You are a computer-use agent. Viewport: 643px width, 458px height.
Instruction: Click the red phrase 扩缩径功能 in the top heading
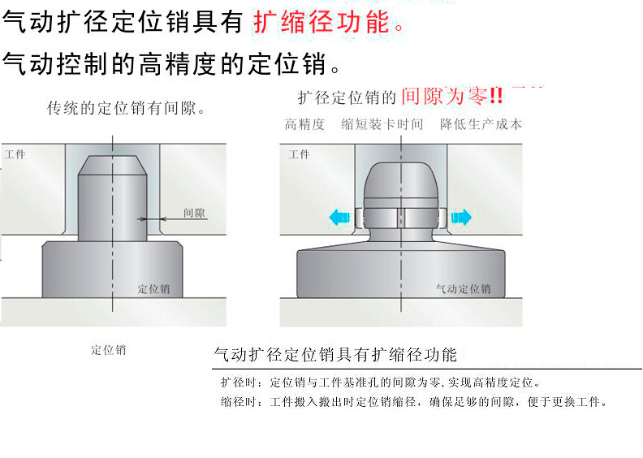321,22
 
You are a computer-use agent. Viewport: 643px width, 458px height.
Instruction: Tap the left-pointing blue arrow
339,217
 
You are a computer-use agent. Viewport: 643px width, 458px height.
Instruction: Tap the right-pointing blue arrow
461,217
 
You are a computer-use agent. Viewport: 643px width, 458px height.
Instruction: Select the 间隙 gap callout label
194,213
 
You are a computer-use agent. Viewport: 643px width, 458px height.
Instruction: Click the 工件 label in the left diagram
15,154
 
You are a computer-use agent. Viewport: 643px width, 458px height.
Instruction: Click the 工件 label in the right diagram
300,154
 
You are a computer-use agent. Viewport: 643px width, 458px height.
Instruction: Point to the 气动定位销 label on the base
463,288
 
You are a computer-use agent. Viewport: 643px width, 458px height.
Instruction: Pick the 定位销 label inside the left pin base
153,288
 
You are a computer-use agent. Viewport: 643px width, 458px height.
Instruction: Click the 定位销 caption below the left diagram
108,350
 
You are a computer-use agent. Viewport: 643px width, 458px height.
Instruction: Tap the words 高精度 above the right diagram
304,124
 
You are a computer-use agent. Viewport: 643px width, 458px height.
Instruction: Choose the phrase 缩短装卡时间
382,124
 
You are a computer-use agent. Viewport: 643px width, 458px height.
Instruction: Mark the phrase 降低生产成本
481,124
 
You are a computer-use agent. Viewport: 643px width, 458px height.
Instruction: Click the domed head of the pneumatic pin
400,179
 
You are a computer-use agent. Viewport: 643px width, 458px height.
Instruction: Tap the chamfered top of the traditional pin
112,165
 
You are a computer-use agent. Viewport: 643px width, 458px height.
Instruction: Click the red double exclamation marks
496,96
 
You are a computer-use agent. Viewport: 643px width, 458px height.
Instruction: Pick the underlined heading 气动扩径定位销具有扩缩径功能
335,355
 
